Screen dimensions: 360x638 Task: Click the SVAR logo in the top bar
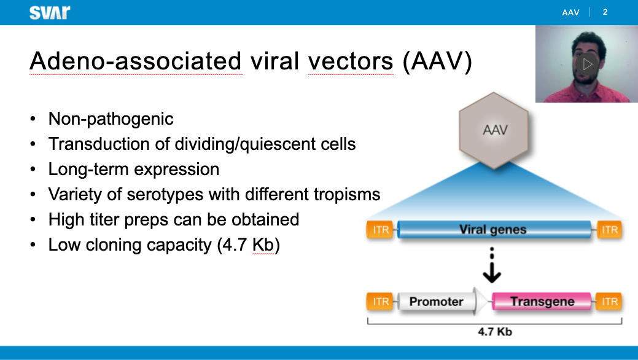[x=50, y=12]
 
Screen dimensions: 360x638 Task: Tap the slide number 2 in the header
[x=605, y=12]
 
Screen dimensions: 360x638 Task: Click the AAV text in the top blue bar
[x=570, y=12]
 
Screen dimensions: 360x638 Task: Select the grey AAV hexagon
[x=494, y=130]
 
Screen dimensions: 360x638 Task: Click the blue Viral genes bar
[x=494, y=230]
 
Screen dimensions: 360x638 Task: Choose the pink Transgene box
[x=542, y=302]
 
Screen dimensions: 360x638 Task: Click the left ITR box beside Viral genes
[x=381, y=230]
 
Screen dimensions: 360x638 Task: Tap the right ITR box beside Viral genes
[x=609, y=230]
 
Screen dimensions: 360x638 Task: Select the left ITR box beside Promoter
[x=381, y=302]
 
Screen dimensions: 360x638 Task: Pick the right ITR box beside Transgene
[x=609, y=302]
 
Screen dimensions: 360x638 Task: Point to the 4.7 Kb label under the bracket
[x=495, y=332]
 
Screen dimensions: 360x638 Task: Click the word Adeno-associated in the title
[x=136, y=61]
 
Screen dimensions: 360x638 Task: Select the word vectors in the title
[x=351, y=61]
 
